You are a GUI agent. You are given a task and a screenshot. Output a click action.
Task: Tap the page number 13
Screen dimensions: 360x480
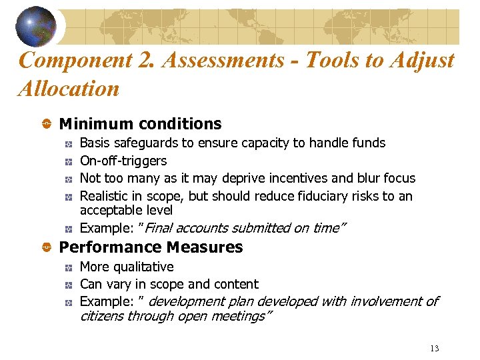tap(435, 348)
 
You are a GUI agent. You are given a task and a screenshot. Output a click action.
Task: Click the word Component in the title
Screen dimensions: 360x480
tap(76, 61)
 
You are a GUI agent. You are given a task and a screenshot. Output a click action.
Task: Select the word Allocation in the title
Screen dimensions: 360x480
tap(69, 89)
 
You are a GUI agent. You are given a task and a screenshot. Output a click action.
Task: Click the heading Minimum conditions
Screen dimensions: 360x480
tap(140, 124)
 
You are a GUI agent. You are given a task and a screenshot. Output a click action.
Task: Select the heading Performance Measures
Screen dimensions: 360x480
tap(151, 247)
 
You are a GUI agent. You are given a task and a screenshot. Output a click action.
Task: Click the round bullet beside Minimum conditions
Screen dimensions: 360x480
tap(47, 125)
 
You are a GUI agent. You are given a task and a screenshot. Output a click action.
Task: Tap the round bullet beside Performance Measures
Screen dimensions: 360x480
tap(47, 248)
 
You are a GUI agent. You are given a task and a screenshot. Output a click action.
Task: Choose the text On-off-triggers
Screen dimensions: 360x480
tap(123, 161)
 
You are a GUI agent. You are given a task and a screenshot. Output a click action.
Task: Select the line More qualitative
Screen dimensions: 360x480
tap(127, 267)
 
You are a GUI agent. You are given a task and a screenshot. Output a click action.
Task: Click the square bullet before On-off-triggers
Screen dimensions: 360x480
tap(68, 161)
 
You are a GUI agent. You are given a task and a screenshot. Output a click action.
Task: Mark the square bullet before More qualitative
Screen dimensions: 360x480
tap(68, 267)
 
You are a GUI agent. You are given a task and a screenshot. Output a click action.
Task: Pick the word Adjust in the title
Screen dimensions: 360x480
tap(420, 61)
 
